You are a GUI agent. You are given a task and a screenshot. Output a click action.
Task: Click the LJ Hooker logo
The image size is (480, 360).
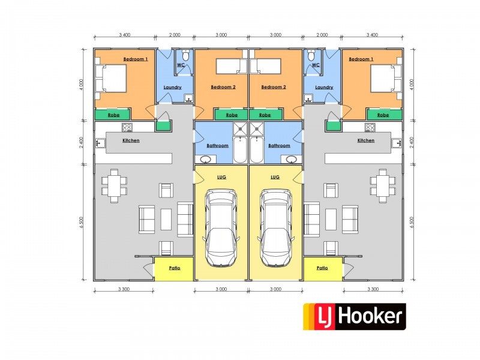tap(353, 317)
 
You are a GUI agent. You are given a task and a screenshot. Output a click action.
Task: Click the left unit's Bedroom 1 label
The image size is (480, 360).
tap(135, 59)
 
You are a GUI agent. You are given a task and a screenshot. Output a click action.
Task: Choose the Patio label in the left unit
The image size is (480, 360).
tap(175, 268)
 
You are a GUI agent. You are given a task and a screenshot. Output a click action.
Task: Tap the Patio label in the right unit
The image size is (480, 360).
tap(322, 268)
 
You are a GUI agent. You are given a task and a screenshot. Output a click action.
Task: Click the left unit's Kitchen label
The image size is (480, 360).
tap(131, 140)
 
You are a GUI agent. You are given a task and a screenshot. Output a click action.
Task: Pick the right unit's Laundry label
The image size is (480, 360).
tap(324, 87)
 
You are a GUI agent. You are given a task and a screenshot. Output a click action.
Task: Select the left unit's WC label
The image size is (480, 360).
tap(181, 65)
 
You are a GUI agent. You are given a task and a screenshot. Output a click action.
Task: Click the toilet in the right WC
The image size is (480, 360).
tap(311, 56)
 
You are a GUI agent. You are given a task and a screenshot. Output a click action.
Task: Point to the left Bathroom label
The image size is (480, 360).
tap(217, 146)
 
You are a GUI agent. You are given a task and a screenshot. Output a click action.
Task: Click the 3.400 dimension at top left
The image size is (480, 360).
tap(125, 35)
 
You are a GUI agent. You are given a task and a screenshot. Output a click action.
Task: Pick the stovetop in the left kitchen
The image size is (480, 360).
tap(127, 127)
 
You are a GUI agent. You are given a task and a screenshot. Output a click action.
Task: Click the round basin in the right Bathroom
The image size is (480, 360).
tap(292, 159)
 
